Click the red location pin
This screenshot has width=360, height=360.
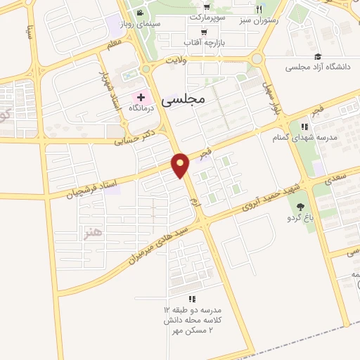(181, 165)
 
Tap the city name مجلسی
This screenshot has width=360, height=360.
(183, 100)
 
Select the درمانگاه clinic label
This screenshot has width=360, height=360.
(141, 108)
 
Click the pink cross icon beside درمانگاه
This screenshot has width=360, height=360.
(139, 96)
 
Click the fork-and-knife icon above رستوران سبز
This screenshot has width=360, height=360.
(259, 9)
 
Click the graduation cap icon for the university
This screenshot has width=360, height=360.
(317, 56)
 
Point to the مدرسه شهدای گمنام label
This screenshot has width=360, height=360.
(305, 137)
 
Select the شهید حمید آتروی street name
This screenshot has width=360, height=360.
(271, 193)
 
